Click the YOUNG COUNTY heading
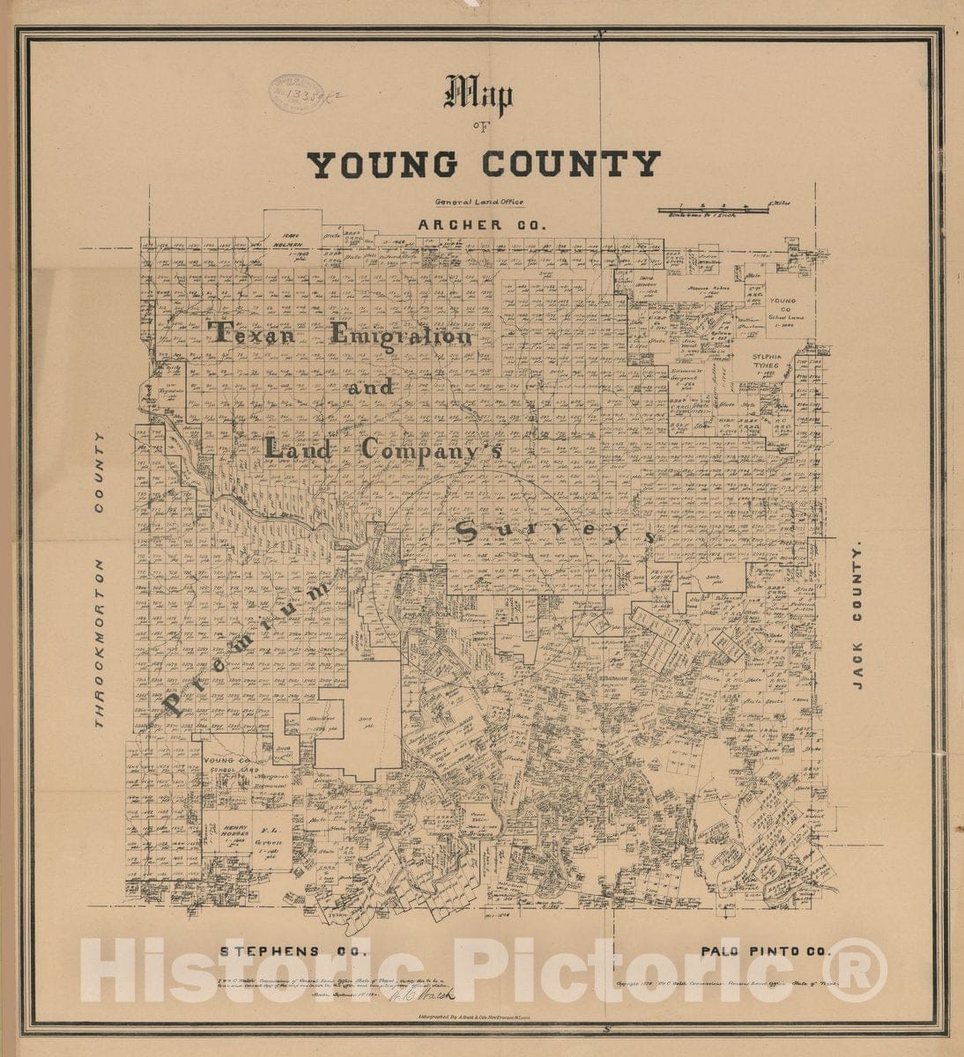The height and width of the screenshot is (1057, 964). click(x=484, y=165)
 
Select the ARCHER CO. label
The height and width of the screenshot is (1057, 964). click(x=482, y=225)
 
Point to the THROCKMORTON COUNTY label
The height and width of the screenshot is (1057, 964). click(x=100, y=580)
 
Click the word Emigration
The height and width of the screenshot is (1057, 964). click(x=401, y=335)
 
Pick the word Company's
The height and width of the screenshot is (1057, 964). click(x=432, y=448)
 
